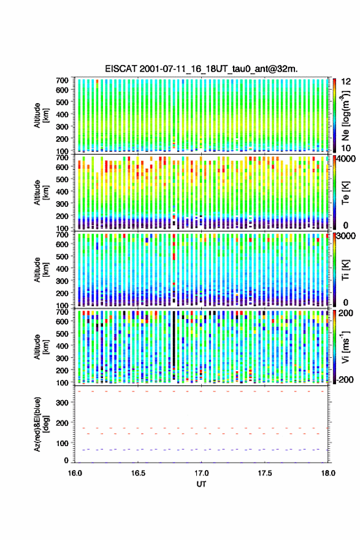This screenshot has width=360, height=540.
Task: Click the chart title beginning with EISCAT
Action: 201,69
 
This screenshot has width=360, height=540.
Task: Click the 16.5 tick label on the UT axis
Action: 138,473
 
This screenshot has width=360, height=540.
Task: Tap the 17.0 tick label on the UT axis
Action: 201,473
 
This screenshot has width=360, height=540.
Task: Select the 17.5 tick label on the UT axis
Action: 265,473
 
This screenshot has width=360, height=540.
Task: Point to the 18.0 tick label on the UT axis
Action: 328,473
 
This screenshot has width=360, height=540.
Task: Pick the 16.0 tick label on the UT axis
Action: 75,473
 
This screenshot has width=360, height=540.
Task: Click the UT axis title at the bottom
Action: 201,484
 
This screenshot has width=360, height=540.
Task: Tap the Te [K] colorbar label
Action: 345,193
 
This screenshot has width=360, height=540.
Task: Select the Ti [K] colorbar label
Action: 345,269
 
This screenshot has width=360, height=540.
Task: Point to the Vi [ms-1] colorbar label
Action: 345,347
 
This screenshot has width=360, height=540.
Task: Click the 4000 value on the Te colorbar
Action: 347,159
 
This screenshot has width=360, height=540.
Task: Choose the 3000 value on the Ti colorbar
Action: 347,236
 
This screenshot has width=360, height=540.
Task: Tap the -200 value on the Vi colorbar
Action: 345,379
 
